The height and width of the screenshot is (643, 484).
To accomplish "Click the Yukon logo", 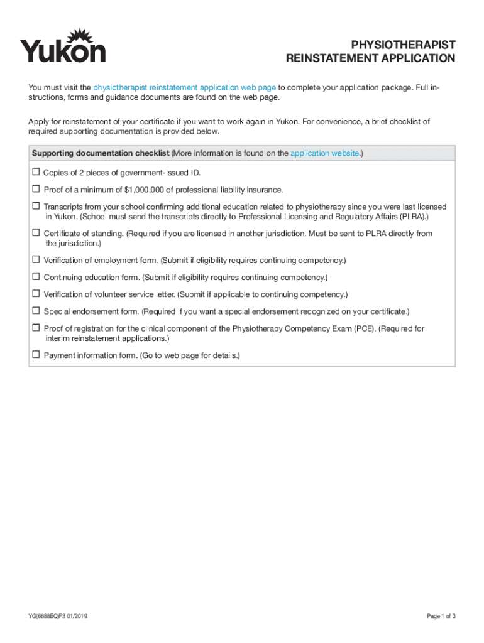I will pyautogui.click(x=63, y=46).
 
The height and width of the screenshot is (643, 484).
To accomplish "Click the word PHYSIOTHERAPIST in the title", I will pyautogui.click(x=403, y=45).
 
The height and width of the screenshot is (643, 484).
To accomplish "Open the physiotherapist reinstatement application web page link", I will pyautogui.click(x=184, y=87).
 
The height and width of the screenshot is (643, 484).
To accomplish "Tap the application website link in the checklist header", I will pyautogui.click(x=324, y=153).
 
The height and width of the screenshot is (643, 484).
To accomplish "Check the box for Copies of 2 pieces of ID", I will pyautogui.click(x=36, y=172).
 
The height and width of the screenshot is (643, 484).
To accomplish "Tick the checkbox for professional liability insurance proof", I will pyautogui.click(x=36, y=189).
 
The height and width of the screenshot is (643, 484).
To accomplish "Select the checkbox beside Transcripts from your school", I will pyautogui.click(x=36, y=206).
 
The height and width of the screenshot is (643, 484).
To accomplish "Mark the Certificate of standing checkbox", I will pyautogui.click(x=36, y=233).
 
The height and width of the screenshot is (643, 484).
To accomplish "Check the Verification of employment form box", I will pyautogui.click(x=36, y=259).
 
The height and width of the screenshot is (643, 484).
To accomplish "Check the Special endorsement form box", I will pyautogui.click(x=36, y=311).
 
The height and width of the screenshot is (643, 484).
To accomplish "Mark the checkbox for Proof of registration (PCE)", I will pyautogui.click(x=36, y=328).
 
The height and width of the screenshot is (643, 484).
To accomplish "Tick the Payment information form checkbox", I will pyautogui.click(x=36, y=355).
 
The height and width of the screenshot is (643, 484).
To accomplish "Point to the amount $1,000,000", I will pyautogui.click(x=145, y=190).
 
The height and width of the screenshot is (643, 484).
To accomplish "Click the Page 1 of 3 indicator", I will pyautogui.click(x=441, y=616).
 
